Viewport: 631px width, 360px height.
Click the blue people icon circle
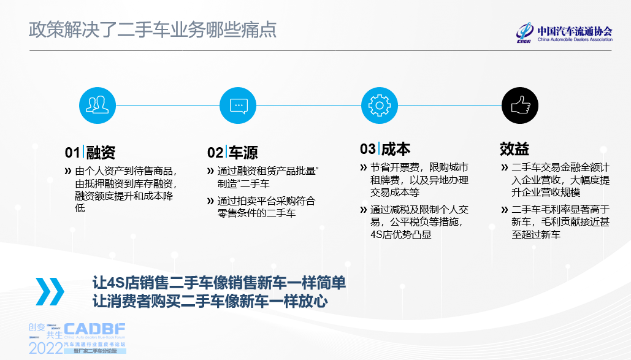(x=98, y=105)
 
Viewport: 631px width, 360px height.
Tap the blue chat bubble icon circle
(x=238, y=105)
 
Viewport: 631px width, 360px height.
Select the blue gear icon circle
(x=379, y=105)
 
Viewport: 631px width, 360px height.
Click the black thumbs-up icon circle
(x=520, y=105)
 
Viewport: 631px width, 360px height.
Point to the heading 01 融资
(x=90, y=152)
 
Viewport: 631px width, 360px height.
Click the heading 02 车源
(x=232, y=152)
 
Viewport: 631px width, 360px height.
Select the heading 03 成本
(x=384, y=149)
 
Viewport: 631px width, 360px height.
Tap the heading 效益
(x=514, y=149)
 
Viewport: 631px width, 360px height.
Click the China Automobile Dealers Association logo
(x=564, y=33)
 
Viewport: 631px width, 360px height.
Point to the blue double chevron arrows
(x=50, y=291)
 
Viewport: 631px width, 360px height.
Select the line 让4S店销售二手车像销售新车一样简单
(x=219, y=283)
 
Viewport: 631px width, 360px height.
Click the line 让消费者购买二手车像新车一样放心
(x=210, y=302)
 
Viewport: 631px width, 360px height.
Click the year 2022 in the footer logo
(x=45, y=348)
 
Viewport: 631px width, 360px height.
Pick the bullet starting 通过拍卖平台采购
(x=266, y=207)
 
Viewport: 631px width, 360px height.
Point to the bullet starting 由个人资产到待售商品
(x=126, y=190)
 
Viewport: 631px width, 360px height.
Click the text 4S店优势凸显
(x=400, y=234)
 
